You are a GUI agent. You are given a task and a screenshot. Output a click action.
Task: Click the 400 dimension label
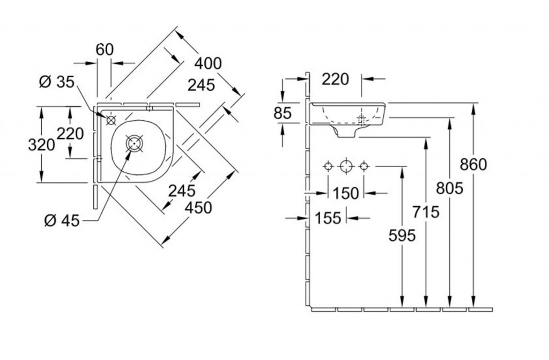click(207, 64)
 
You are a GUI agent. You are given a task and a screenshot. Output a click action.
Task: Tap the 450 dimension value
click(198, 207)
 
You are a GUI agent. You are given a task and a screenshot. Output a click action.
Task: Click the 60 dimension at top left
click(105, 49)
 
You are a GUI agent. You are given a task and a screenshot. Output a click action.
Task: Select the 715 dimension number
click(425, 211)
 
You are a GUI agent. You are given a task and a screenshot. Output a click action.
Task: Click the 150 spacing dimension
click(346, 193)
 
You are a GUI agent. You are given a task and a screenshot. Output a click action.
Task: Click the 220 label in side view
click(336, 80)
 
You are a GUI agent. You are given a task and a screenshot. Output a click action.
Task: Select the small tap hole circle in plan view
click(112, 119)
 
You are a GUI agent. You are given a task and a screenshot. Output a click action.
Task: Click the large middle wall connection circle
click(346, 166)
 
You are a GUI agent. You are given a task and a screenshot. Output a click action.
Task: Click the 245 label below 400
click(201, 84)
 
